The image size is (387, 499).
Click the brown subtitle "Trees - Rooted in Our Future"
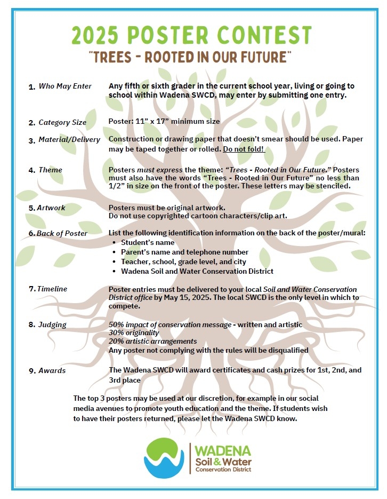click(192, 57)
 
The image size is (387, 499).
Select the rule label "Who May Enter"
click(65, 86)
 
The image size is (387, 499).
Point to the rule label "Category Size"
click(62, 123)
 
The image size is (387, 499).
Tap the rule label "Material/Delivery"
click(69, 140)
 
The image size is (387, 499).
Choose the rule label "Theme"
click(50, 170)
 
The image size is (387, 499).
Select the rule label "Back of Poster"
click(62, 233)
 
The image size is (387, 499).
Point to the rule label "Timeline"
click(52, 289)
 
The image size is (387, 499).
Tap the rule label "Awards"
click(52, 370)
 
